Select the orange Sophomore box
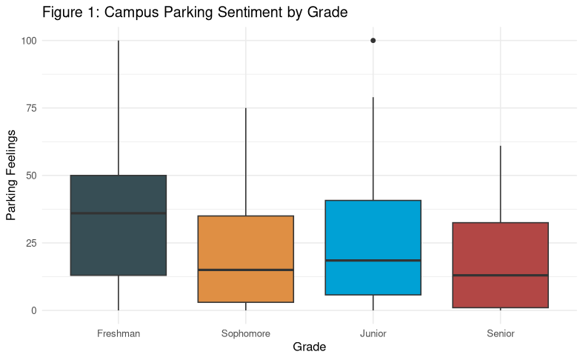click(246, 244)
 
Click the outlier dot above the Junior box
click(373, 41)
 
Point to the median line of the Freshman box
click(119, 213)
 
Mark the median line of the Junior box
click(373, 261)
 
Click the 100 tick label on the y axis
click(29, 41)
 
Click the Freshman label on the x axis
click(119, 333)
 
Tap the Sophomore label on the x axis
click(246, 333)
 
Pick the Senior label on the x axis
click(500, 333)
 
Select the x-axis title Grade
click(310, 347)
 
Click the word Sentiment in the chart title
click(236, 13)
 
